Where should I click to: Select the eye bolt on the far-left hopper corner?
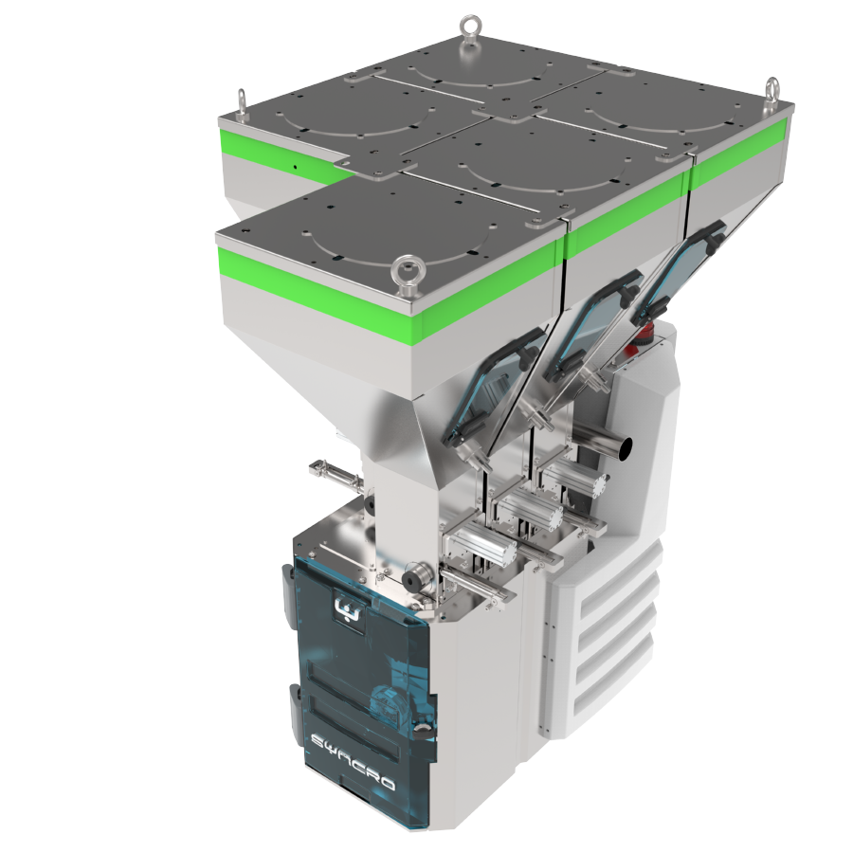[x=241, y=102]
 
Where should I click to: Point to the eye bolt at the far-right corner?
[x=772, y=92]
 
